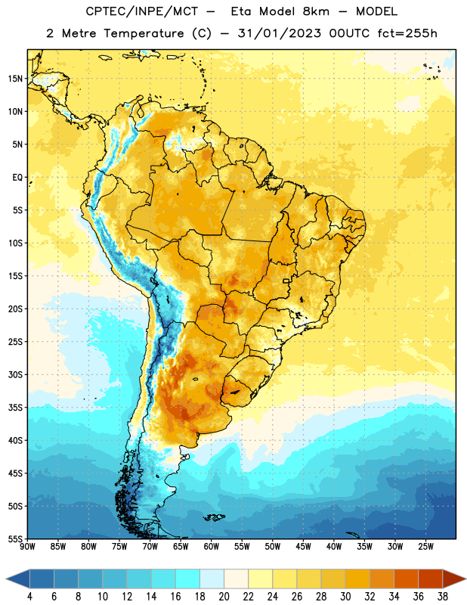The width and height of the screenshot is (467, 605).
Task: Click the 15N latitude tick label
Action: tap(15, 79)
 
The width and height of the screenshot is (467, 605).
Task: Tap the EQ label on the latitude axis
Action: tap(17, 178)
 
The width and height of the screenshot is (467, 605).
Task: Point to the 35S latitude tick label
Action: tap(15, 408)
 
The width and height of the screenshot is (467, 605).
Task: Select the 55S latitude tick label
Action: tap(15, 539)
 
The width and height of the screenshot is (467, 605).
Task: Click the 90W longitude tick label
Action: tap(27, 547)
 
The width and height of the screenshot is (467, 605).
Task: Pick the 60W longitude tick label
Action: tap(212, 547)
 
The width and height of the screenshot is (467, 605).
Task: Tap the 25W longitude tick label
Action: tap(425, 547)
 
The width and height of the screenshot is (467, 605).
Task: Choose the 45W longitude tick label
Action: tap(303, 547)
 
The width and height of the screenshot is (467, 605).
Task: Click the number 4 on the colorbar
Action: tap(29, 597)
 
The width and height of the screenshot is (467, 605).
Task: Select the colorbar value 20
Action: tap(224, 597)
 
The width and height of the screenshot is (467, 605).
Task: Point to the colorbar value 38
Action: tap(443, 597)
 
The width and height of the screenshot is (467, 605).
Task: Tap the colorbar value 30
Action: tap(345, 597)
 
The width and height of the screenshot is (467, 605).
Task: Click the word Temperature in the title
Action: tap(144, 33)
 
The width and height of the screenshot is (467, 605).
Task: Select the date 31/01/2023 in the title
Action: tap(279, 33)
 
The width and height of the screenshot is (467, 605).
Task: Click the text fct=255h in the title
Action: tap(407, 33)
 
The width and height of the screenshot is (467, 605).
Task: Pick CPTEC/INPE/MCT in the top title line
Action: tap(142, 11)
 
